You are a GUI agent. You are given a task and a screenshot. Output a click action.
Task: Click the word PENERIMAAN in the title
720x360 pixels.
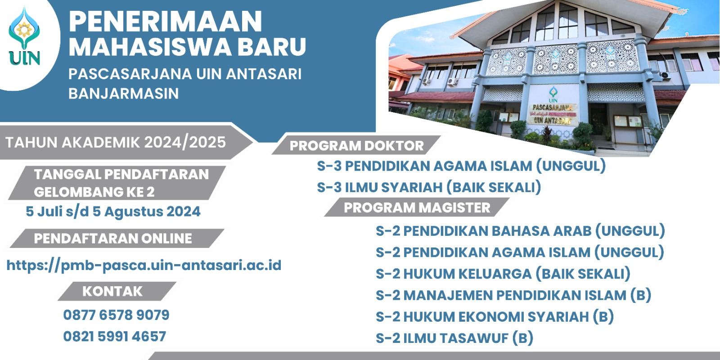[165, 22]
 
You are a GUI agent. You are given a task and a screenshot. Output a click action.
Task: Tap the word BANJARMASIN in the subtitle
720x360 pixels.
[124, 94]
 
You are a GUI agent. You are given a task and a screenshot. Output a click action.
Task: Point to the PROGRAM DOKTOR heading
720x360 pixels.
[356, 146]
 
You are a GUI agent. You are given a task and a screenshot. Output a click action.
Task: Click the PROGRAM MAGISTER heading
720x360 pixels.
[417, 207]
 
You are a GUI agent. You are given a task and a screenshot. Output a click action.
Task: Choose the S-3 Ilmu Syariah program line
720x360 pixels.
[429, 187]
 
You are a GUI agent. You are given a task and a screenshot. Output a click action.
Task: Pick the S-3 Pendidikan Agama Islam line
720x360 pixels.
[461, 166]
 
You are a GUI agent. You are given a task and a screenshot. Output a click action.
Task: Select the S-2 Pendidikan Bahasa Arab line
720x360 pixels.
[520, 231]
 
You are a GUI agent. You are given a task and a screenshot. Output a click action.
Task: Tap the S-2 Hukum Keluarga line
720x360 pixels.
[503, 274]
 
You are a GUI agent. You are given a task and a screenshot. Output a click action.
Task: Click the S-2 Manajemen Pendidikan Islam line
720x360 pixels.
[513, 295]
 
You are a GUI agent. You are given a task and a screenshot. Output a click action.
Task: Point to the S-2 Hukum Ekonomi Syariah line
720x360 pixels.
[495, 316]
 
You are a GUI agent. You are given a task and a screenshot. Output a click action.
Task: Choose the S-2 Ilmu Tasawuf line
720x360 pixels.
[454, 338]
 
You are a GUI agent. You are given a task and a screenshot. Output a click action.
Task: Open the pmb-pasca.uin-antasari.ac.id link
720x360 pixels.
[144, 265]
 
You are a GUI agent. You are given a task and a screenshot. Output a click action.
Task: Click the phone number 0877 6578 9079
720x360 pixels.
[116, 315]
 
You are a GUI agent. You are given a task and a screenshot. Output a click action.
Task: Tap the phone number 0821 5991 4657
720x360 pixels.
[115, 336]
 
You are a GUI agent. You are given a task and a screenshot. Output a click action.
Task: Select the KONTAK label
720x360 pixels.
[112, 292]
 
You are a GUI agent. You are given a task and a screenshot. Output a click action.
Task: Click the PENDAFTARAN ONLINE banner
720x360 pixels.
[113, 238]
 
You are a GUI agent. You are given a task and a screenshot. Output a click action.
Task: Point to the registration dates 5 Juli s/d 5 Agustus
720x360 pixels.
[113, 211]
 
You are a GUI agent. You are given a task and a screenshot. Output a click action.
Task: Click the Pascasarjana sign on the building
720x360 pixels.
[553, 113]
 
